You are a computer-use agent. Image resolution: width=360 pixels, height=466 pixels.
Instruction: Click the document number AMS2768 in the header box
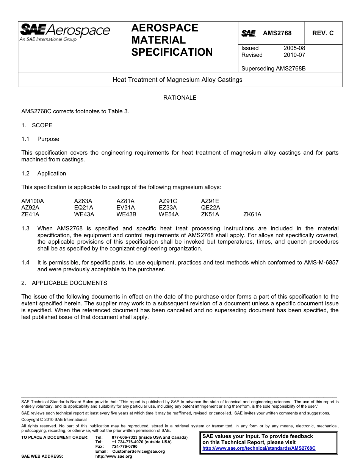(277, 33)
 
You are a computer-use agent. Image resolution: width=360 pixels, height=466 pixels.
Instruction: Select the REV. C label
(323, 33)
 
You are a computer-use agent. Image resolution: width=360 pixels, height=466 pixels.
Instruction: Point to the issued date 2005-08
(294, 48)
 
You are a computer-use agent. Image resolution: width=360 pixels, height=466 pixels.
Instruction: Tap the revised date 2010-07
(294, 55)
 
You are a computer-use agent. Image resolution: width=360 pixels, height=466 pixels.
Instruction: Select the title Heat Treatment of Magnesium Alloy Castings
(177, 80)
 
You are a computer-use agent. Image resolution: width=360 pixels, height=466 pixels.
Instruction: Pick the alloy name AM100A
(33, 201)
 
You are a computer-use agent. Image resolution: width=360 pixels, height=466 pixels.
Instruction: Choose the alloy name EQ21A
(84, 208)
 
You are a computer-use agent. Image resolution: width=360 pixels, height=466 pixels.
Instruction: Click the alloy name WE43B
(126, 214)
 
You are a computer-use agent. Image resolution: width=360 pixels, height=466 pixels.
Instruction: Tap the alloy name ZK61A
(252, 214)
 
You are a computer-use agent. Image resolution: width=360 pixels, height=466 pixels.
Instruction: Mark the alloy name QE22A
(210, 208)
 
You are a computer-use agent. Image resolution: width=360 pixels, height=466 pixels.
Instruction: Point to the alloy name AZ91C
(168, 201)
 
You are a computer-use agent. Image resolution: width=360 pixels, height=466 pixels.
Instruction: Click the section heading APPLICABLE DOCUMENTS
(69, 283)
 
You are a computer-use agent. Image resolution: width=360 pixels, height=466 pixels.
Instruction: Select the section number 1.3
(25, 228)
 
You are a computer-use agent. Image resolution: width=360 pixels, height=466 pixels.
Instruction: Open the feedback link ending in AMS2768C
(259, 448)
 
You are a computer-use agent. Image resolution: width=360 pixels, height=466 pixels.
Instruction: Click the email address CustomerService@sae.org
(139, 452)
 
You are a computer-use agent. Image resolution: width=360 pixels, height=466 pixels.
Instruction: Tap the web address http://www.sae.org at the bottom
(114, 457)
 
